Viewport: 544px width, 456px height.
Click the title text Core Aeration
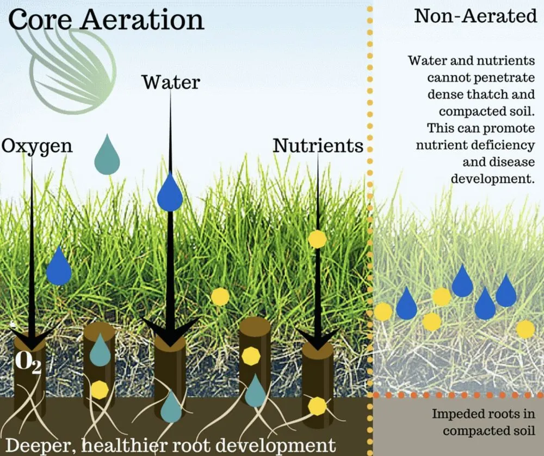click(x=106, y=20)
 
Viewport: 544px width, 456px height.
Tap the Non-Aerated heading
click(x=475, y=16)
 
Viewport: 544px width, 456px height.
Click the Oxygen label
click(x=37, y=147)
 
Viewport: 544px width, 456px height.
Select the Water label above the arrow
click(x=171, y=82)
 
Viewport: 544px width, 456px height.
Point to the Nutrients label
click(x=318, y=145)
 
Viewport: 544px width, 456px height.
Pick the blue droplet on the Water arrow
click(x=170, y=192)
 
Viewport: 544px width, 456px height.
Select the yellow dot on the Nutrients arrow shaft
click(x=318, y=239)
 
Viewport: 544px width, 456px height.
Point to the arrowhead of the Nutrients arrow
click(x=318, y=339)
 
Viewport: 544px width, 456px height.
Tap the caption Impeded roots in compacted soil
click(x=483, y=422)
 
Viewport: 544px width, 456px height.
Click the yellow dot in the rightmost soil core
click(x=318, y=406)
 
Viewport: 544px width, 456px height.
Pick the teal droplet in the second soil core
click(x=100, y=350)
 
